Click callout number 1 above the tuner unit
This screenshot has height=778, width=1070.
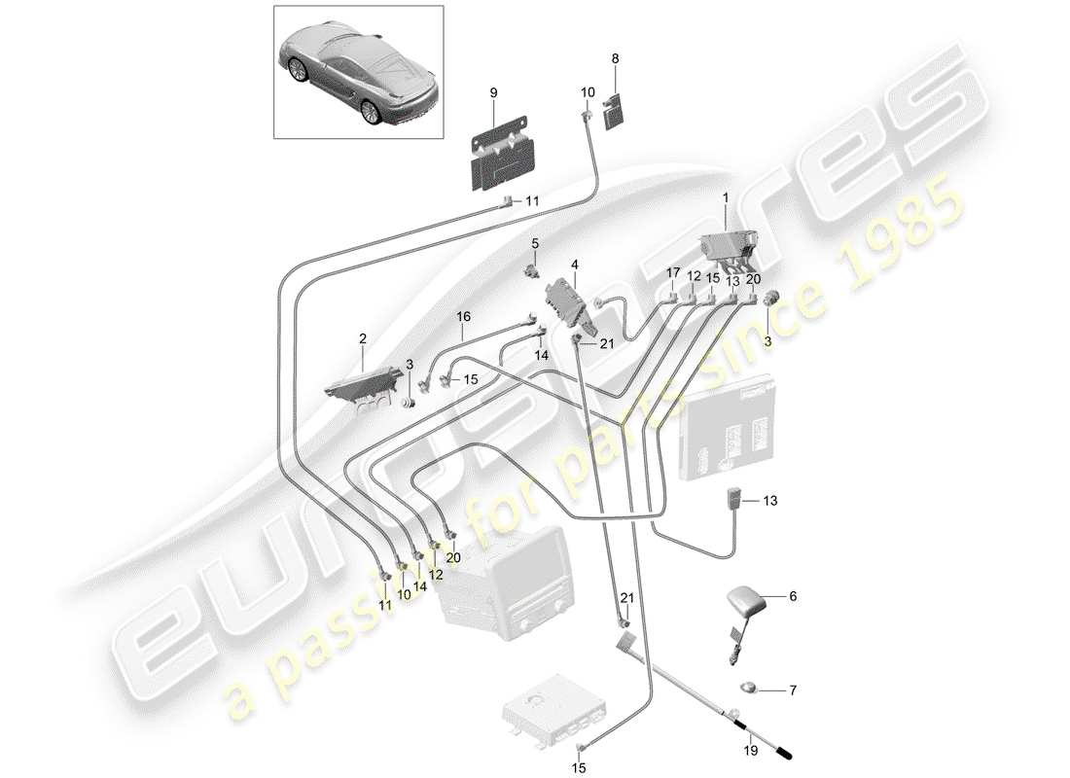click(x=725, y=197)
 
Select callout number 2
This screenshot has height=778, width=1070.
click(x=363, y=339)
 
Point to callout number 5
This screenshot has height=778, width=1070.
click(x=534, y=242)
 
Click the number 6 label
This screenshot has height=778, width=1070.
click(x=792, y=597)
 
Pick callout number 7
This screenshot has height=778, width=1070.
click(x=792, y=691)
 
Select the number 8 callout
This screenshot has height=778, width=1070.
click(x=615, y=58)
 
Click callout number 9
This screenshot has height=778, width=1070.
click(x=493, y=92)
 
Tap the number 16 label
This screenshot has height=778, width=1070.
click(x=463, y=316)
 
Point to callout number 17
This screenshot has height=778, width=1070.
click(x=671, y=274)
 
